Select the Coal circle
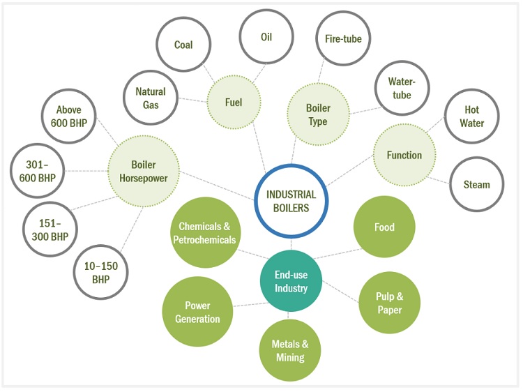[x=183, y=45]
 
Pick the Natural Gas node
[x=151, y=98]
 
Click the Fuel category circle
[x=234, y=103]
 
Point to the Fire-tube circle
[x=344, y=39]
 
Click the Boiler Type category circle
[x=317, y=115]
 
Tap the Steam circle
[x=476, y=185]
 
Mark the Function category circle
[x=404, y=155]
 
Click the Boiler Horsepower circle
[x=143, y=172]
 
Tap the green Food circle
[x=384, y=227]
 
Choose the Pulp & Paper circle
[x=389, y=303]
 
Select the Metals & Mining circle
[x=290, y=351]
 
